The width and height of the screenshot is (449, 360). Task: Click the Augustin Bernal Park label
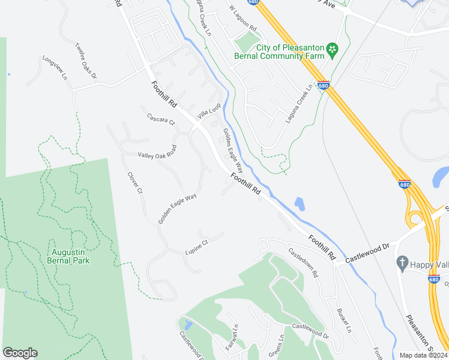point(69,256)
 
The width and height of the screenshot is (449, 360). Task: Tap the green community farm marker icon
point(330,48)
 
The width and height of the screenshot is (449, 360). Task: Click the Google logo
point(20,353)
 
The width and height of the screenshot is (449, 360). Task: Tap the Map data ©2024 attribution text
point(423,355)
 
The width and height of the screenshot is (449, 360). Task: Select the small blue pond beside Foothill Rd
point(299,204)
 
